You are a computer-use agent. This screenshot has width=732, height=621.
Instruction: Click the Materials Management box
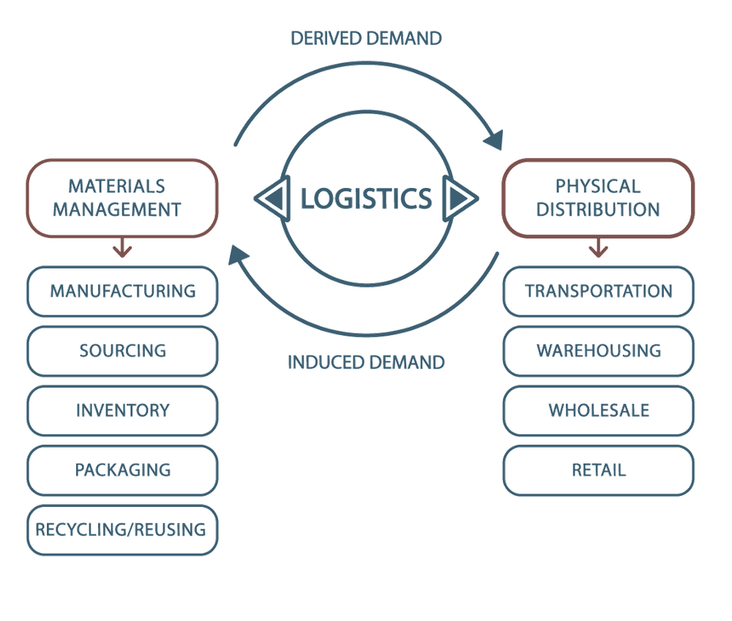coord(122,197)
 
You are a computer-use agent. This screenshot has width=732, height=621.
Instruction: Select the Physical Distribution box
coord(598,197)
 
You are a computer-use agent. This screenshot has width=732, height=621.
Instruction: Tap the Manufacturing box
coord(122,291)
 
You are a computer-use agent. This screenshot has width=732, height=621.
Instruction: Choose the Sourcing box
coord(122,350)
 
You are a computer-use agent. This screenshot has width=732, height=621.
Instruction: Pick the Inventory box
coord(122,410)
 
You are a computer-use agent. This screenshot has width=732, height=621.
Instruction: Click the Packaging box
coord(122,469)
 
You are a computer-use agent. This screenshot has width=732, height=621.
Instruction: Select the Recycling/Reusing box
coord(122,528)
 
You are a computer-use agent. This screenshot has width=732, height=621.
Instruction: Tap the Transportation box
coord(598,291)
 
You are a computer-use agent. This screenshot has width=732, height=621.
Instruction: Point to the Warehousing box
coord(598,350)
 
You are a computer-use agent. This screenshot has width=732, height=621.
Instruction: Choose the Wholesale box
coord(598,410)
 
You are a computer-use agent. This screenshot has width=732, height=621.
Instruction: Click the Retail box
coord(598,469)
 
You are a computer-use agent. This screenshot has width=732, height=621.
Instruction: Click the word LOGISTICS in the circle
coord(366,198)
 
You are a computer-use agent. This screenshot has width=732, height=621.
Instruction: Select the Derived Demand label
coord(366,38)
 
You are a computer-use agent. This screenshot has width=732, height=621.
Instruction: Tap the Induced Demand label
coord(366,361)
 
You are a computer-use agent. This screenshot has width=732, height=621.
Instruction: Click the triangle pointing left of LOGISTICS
coord(272,197)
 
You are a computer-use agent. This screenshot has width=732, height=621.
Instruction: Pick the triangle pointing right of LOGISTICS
coord(460,197)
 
